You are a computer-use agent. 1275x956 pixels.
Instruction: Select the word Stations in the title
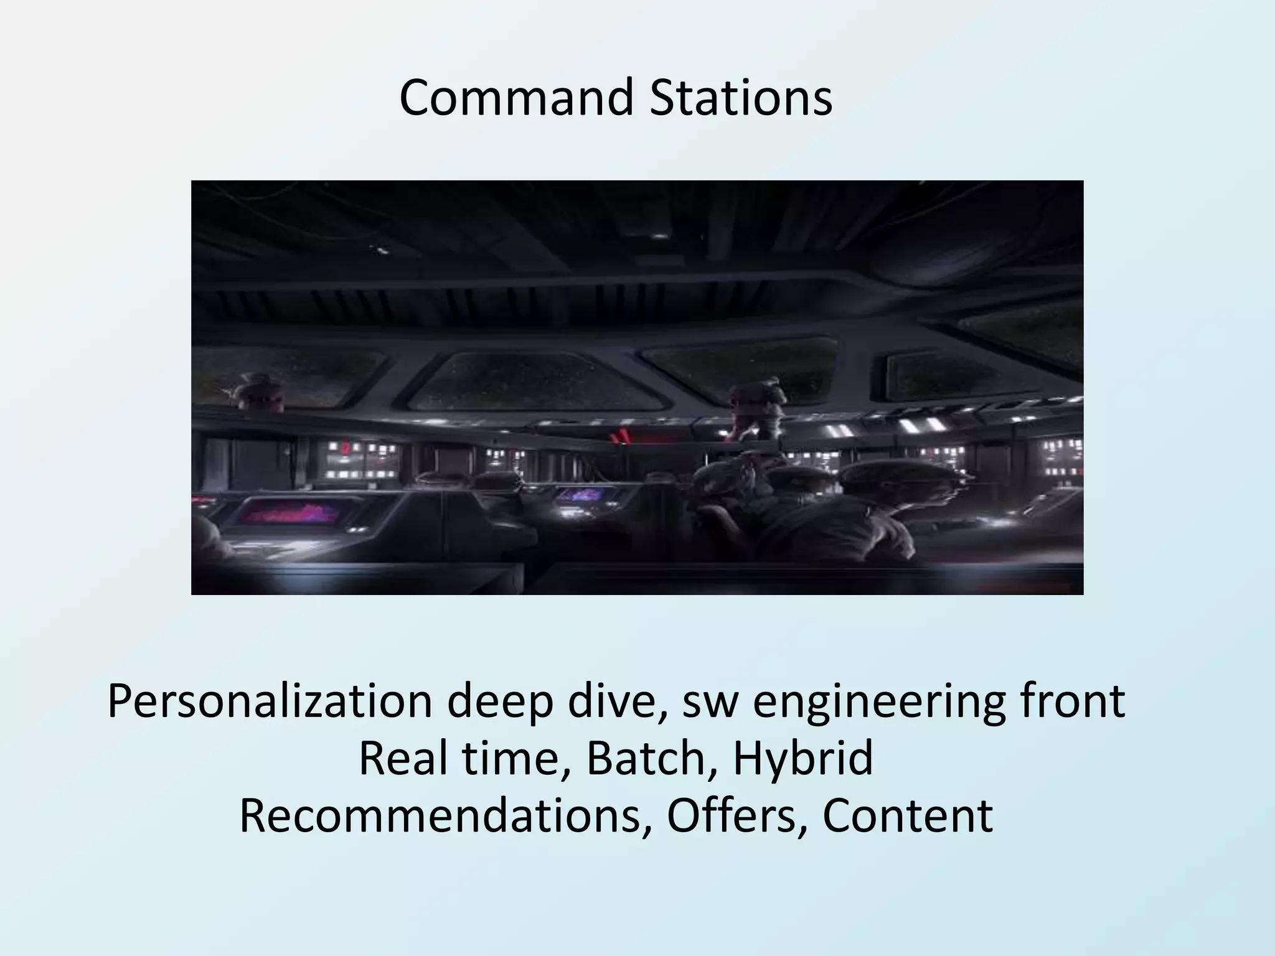point(741,98)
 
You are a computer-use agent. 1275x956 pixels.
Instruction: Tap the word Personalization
point(269,702)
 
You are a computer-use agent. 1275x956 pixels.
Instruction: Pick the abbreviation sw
point(710,702)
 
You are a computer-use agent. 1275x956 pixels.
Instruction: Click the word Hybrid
point(802,759)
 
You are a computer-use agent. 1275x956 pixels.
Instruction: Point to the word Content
point(907,816)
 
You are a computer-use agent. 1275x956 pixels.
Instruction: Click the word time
point(512,759)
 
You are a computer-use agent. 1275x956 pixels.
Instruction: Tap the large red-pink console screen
point(287,512)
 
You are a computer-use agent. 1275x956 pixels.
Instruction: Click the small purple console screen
point(580,495)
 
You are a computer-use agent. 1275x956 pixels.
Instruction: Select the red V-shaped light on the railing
point(620,438)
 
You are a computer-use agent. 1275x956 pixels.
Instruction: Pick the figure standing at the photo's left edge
point(255,392)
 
